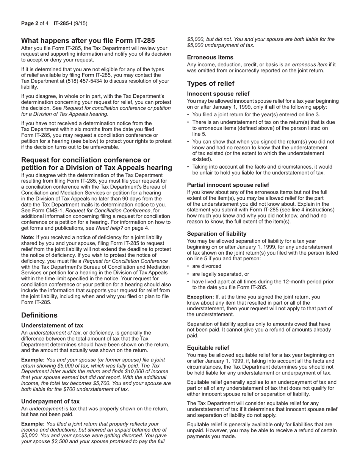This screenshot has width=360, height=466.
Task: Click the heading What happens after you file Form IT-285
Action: coord(88,41)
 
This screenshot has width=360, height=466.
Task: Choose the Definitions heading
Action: coord(39,315)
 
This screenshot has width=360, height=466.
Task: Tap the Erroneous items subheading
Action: coord(210,57)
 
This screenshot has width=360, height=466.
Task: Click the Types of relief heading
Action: coord(211,84)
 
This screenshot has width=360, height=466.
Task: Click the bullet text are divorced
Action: coord(207,266)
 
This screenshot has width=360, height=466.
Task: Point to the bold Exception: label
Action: coord(200,297)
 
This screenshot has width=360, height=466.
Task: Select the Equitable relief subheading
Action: coord(208,348)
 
